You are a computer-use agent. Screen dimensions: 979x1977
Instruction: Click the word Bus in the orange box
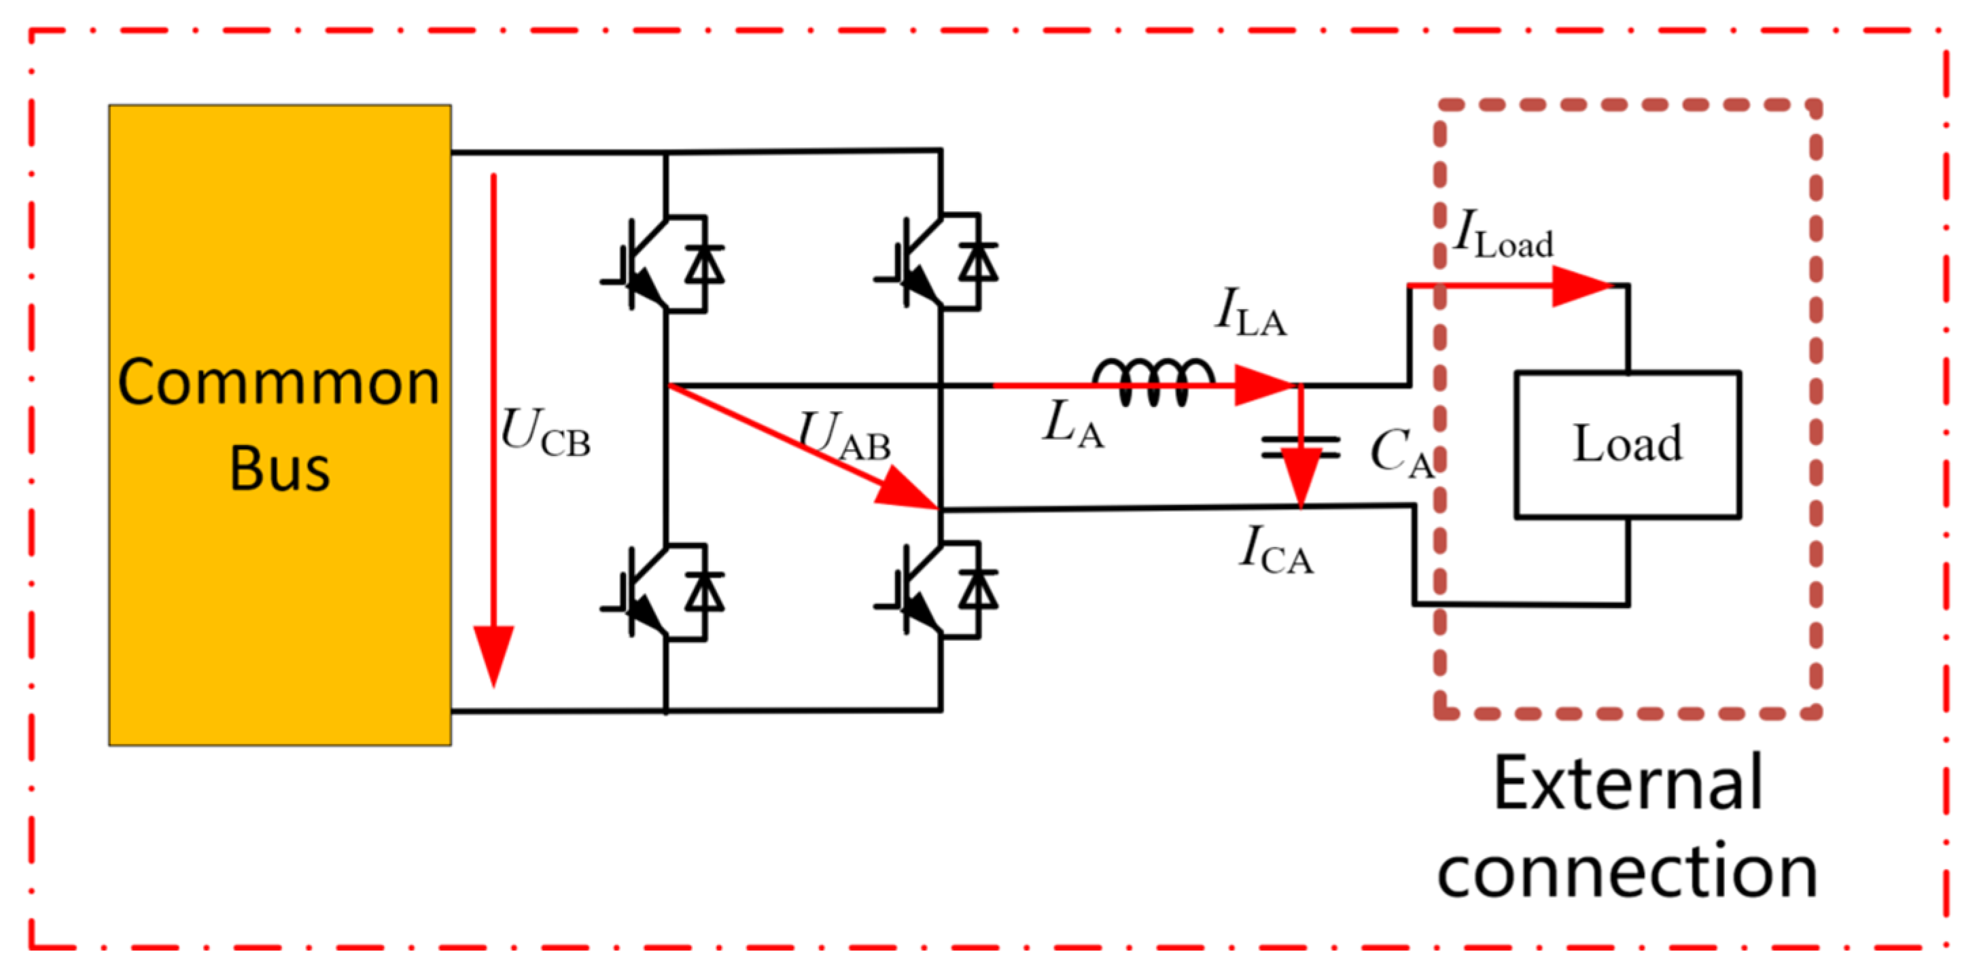pos(279,468)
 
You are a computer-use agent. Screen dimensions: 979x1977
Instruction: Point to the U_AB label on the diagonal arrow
pos(844,438)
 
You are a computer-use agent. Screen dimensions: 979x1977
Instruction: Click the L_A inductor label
pos(1073,426)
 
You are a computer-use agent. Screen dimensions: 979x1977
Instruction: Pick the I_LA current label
pos(1251,313)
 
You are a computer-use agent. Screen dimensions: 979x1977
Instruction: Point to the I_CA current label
pos(1276,551)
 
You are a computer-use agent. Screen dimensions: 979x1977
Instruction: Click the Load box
pos(1627,444)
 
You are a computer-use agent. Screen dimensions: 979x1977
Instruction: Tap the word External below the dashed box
pos(1627,783)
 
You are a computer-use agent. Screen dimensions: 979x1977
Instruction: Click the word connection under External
pos(1627,872)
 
